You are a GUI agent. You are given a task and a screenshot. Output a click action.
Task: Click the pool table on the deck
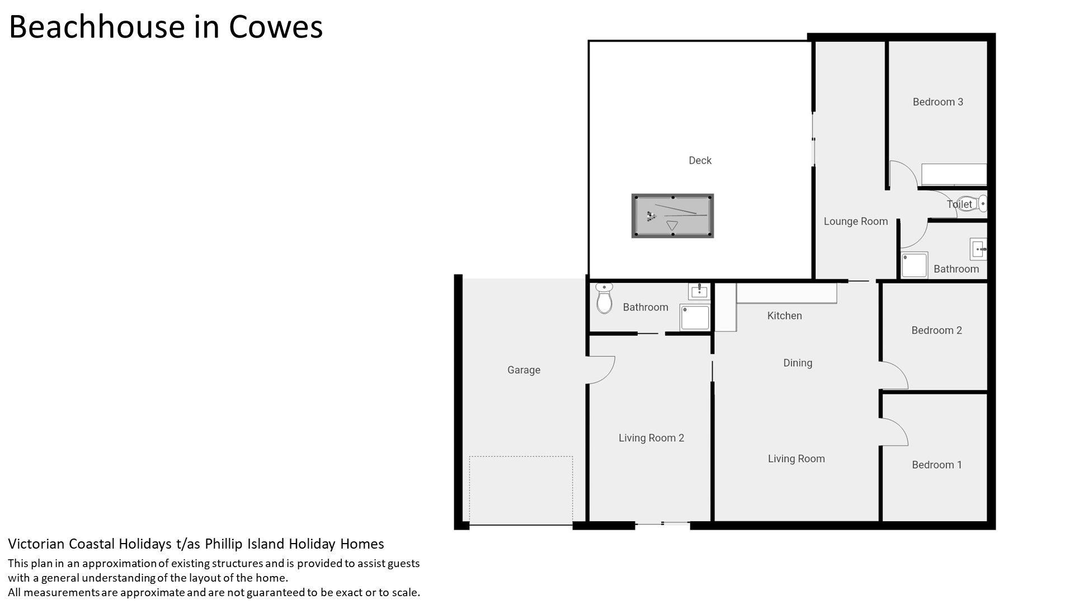point(672,216)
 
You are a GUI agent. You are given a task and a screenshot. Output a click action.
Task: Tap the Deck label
point(700,161)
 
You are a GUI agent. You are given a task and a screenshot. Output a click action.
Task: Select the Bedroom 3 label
point(938,102)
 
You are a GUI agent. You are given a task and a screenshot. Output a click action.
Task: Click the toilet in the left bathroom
point(604,299)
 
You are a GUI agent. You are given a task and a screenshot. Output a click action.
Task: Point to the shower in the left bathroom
point(695,317)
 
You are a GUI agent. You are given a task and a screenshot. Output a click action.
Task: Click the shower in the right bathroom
point(914,265)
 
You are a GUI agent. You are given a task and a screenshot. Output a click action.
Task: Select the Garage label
point(524,370)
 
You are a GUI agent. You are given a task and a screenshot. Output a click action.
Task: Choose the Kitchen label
point(784,315)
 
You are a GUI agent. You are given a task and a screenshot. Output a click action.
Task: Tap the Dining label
point(798,363)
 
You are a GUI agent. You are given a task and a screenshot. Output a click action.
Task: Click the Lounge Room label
point(856,221)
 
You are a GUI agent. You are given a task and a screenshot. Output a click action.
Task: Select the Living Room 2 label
point(651,438)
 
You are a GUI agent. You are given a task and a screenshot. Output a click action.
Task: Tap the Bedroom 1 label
point(937,465)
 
